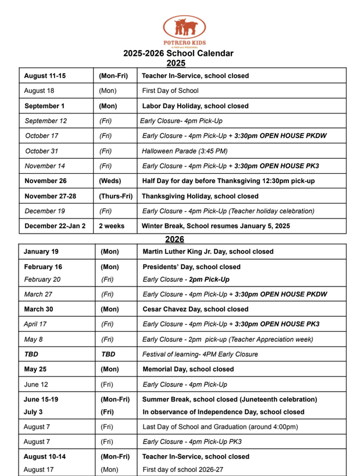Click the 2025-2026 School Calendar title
click(178, 53)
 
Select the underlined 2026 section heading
click(174, 239)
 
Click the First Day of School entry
click(170, 91)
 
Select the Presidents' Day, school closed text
click(191, 267)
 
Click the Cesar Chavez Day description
click(195, 309)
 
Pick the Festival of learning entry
click(200, 354)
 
